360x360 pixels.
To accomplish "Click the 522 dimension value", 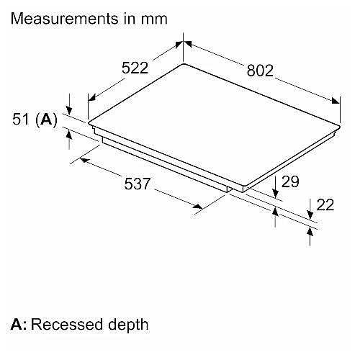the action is tap(135, 68).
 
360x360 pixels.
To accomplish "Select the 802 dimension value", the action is tap(260, 71).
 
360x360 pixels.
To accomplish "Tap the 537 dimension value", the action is tap(138, 184).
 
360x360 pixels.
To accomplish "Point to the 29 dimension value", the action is tap(290, 181).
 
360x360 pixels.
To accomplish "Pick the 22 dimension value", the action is tap(325, 204).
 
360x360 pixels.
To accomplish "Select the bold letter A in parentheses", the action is tap(46, 119).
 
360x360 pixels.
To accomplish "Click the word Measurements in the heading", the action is tap(65, 19).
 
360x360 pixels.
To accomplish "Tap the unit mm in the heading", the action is tap(154, 19).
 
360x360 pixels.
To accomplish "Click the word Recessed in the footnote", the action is tap(67, 325).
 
